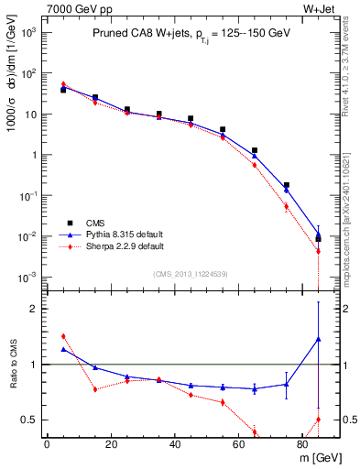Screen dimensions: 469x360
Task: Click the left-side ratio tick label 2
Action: click(32, 309)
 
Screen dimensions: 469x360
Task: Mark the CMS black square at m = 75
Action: click(287, 185)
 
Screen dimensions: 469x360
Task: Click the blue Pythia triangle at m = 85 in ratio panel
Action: click(318, 340)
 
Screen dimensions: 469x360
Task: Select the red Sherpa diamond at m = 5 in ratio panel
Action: click(63, 336)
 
